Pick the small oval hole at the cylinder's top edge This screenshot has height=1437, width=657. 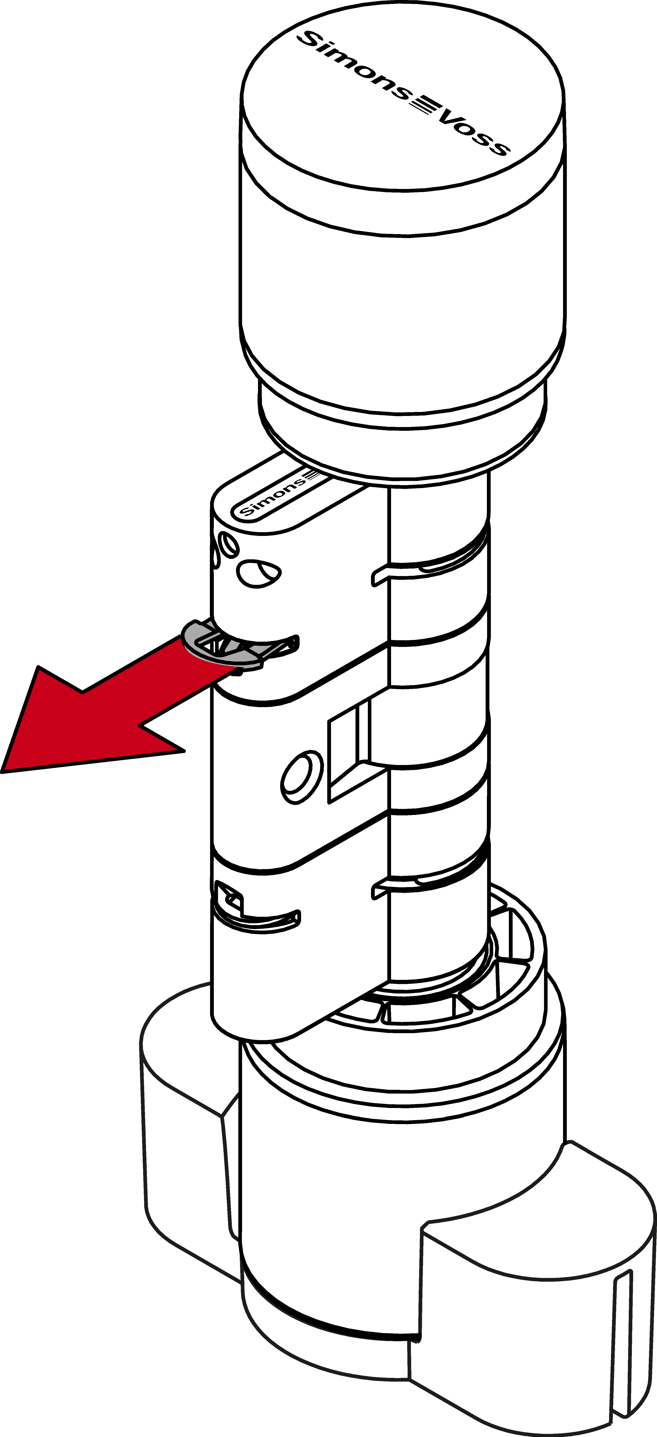coord(229,544)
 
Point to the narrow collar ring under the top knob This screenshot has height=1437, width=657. coord(402,424)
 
